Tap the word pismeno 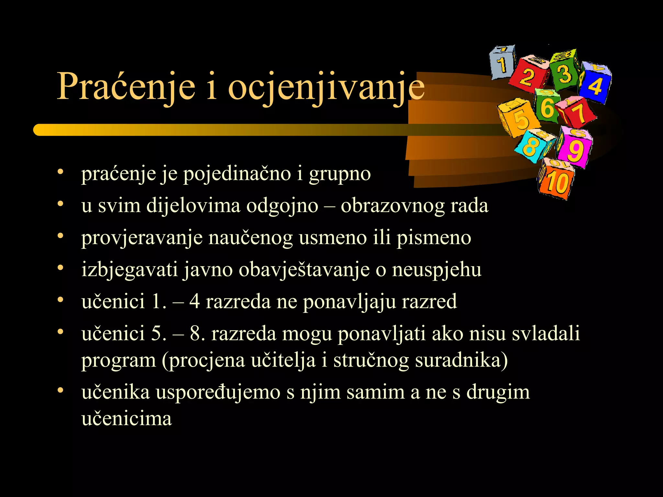coord(434,238)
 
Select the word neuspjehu coord(437,270)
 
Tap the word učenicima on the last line coord(127,419)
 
